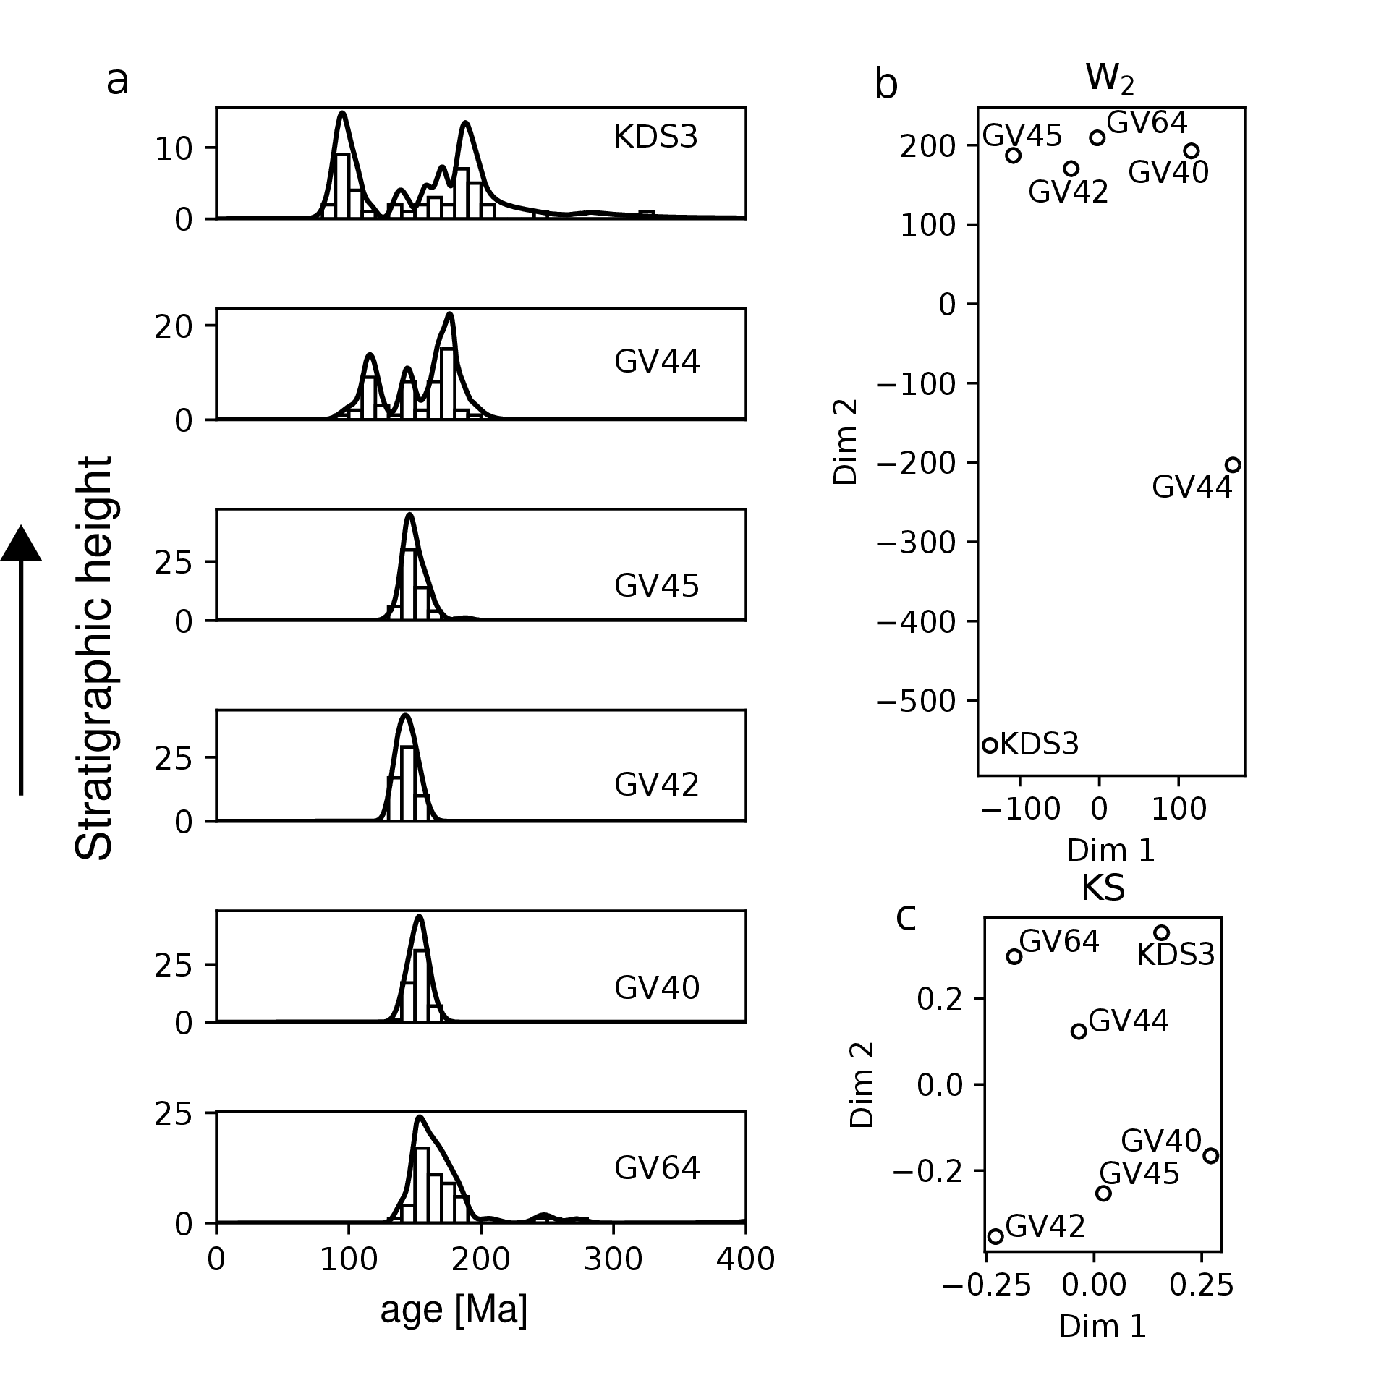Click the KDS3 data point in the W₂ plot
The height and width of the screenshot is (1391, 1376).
(x=990, y=745)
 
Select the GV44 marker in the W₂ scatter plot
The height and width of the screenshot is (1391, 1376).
(x=1233, y=465)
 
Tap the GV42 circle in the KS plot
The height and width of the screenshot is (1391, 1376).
(x=996, y=1236)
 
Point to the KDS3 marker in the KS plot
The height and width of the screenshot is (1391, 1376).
(x=1162, y=933)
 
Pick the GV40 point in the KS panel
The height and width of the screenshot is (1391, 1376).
(x=1211, y=1156)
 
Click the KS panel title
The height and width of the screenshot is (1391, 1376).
(x=1103, y=889)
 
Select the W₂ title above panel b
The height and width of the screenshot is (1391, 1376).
(x=1109, y=78)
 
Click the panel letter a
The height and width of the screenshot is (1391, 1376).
(x=117, y=81)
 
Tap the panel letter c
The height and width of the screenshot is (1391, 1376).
(x=906, y=918)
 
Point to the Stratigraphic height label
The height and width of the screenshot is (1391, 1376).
(x=94, y=658)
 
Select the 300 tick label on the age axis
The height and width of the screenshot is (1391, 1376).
(x=613, y=1260)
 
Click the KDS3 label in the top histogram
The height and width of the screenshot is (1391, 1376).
(x=656, y=137)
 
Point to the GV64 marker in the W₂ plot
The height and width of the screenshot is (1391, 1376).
(x=1097, y=138)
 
